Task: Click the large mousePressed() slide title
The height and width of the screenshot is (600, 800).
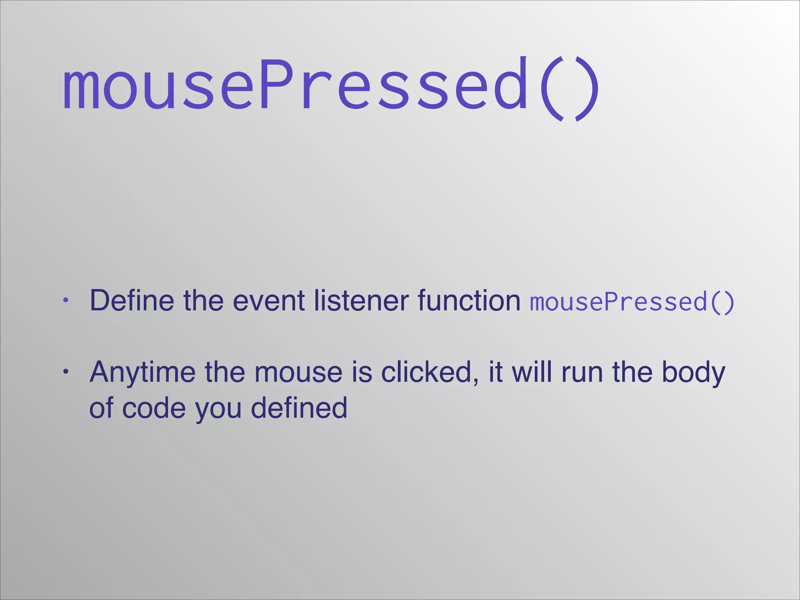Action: pos(330,87)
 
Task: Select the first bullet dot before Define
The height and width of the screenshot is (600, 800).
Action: pos(66,301)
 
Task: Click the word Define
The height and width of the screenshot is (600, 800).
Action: pos(132,300)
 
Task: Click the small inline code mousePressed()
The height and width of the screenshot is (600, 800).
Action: pos(632,302)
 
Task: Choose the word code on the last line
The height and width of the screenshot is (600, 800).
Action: pos(154,408)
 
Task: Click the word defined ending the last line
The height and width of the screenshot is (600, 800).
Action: pos(299,408)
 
